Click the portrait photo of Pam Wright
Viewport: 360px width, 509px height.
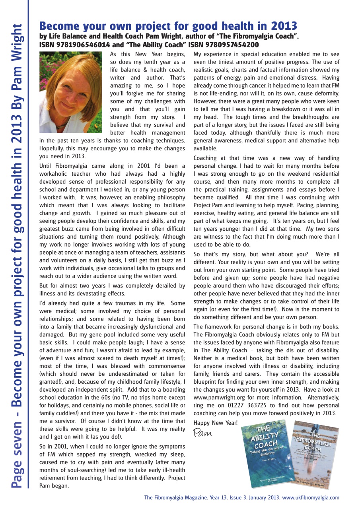tap(71, 92)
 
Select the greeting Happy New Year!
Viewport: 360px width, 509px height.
tap(216, 423)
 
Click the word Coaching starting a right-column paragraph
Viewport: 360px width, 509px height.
tap(207, 158)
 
